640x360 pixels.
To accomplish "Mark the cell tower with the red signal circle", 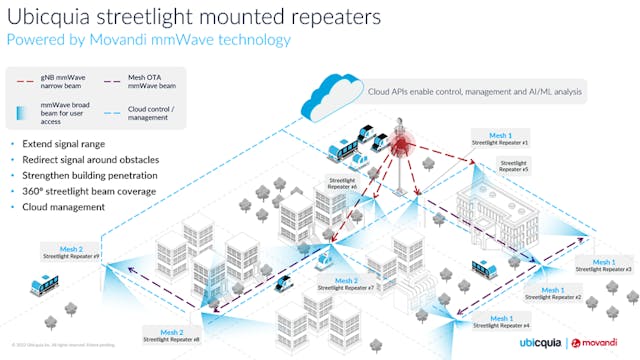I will (403, 150).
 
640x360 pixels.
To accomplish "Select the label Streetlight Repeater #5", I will (514, 166).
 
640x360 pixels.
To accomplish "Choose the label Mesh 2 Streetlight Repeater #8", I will (171, 335).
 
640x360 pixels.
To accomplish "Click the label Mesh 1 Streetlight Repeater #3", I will (604, 265).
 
